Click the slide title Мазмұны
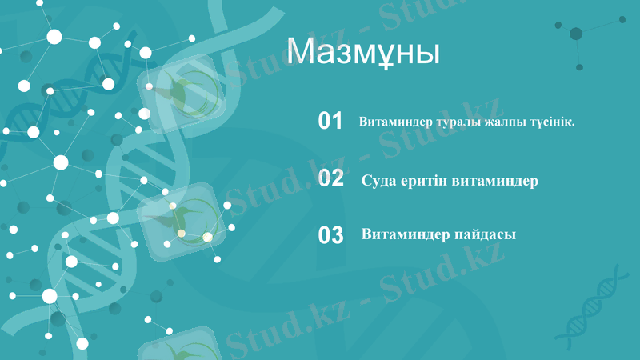point(363,51)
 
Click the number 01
point(330,122)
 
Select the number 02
point(330,178)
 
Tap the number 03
point(330,235)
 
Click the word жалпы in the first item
point(505,122)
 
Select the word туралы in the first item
point(458,122)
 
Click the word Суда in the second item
point(379,180)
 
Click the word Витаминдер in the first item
point(396,122)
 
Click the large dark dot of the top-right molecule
point(576,34)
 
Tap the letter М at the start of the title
point(299,51)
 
